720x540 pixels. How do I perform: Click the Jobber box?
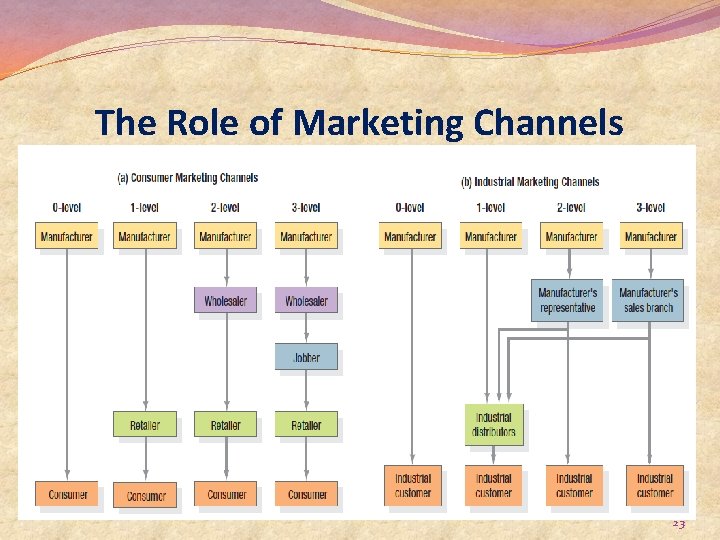point(306,357)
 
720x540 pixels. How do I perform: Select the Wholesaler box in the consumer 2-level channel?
point(225,300)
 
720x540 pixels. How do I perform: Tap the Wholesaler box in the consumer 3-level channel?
point(306,300)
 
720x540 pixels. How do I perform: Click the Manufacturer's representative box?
point(567,300)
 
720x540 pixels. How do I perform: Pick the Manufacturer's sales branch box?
point(648,300)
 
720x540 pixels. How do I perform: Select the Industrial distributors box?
point(493,425)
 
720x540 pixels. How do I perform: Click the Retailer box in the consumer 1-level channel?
point(144,425)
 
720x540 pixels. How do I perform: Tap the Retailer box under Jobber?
point(306,425)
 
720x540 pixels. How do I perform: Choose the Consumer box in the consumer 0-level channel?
point(67,494)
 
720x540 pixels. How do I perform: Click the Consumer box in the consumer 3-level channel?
point(306,494)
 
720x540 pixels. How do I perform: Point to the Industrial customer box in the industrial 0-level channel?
point(412,486)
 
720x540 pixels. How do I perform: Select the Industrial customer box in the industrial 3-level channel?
point(655,486)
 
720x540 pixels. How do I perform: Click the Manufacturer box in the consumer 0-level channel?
point(67,237)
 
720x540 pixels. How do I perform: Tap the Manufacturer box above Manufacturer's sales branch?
point(651,237)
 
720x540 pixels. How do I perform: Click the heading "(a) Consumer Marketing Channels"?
point(188,178)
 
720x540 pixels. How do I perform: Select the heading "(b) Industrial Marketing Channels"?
point(530,182)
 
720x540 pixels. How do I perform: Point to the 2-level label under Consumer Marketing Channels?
point(225,208)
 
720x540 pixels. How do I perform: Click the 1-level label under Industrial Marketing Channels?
point(491,208)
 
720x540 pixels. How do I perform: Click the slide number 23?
point(678,524)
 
